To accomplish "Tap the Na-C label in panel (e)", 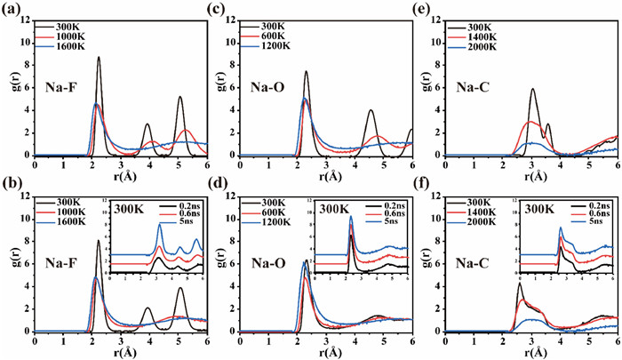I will click(481, 87).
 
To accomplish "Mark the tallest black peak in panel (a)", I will click(99, 58).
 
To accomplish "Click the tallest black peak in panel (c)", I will click(306, 72).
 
